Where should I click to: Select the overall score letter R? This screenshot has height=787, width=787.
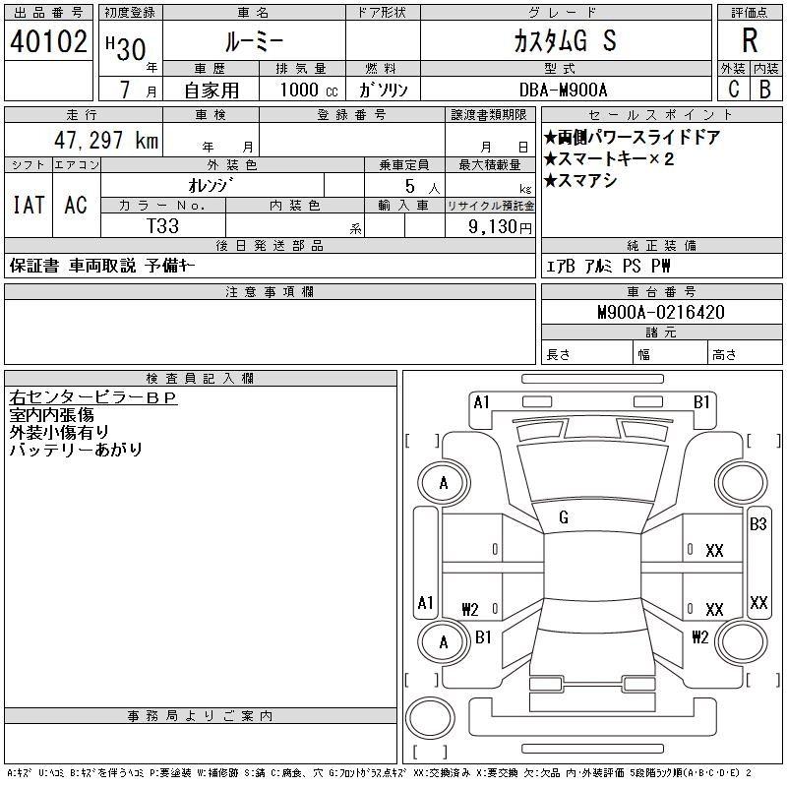[x=750, y=40]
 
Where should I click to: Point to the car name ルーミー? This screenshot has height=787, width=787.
[x=253, y=42]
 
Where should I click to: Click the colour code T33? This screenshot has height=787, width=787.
[x=163, y=225]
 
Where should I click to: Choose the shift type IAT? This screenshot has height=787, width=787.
[x=29, y=205]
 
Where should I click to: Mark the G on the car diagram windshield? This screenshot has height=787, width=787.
[x=563, y=516]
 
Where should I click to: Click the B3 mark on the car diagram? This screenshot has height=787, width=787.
[x=757, y=524]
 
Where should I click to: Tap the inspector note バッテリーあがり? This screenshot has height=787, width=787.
[x=76, y=450]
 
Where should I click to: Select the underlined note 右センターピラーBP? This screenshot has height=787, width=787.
[x=92, y=398]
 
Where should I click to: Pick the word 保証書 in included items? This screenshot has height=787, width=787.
[x=33, y=266]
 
